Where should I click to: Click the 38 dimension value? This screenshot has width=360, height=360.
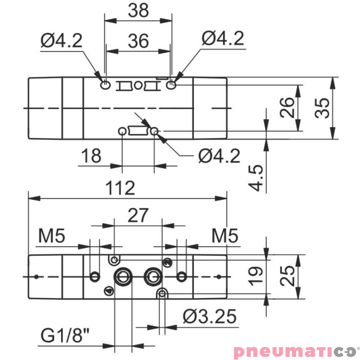tap(138, 10)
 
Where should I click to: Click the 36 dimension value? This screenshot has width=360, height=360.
tap(138, 41)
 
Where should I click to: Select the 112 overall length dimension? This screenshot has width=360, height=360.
tap(120, 188)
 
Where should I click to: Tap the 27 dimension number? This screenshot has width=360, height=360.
tap(138, 215)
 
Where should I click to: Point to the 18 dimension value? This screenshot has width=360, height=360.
tap(91, 155)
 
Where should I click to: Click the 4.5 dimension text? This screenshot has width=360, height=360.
tap(256, 177)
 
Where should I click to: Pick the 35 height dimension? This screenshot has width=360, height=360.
tap(322, 108)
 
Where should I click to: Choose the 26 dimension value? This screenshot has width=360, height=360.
tap(287, 108)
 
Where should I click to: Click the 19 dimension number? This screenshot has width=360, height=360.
tap(256, 276)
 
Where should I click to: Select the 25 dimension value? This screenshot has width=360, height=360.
tap(287, 276)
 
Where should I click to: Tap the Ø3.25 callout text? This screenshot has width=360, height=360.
tap(209, 316)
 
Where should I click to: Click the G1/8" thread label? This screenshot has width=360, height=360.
tap(65, 335)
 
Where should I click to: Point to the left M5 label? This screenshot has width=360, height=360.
tap(52, 236)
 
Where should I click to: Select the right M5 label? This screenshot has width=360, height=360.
tap(225, 236)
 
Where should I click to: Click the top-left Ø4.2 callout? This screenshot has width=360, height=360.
tap(61, 40)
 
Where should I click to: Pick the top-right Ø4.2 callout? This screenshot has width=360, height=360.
tap(223, 38)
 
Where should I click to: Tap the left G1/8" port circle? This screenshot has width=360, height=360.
tap(123, 277)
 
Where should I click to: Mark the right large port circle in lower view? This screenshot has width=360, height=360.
tap(153, 276)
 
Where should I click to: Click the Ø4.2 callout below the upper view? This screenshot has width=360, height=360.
tap(219, 156)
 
